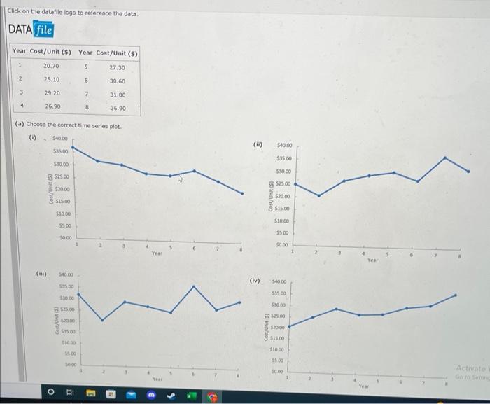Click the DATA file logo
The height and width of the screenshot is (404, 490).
coord(31,29)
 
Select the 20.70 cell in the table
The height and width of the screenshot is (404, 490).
coord(51,67)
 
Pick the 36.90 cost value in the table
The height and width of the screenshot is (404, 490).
coord(117,108)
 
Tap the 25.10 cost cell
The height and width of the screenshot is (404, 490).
coord(51,81)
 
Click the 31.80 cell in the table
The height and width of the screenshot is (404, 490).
coord(117,94)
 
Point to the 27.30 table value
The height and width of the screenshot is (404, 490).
coord(117,67)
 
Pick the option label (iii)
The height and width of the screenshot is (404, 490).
coord(42,274)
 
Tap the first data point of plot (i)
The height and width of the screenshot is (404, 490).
coord(73,148)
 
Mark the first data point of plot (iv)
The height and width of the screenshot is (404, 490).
coord(290,326)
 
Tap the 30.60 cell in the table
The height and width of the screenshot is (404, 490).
coord(117,81)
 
